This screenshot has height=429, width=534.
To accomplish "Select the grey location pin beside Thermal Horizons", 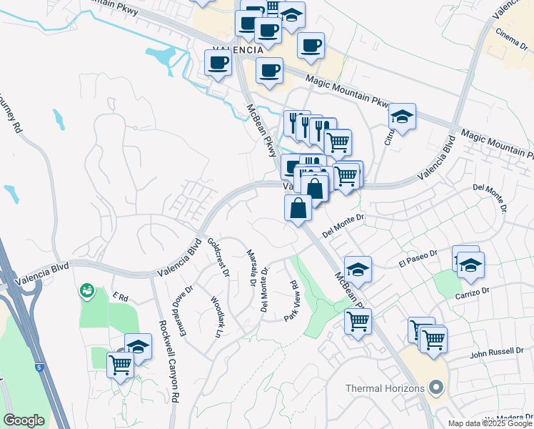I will tap(436, 389).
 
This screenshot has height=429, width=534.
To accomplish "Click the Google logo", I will tap(24, 420).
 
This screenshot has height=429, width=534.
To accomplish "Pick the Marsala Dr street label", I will tap(251, 267).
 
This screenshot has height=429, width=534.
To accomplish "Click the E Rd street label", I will tap(119, 296).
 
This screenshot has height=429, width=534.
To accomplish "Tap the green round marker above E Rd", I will tap(87, 290).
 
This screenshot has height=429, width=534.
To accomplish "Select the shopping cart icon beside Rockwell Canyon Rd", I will tap(120, 365).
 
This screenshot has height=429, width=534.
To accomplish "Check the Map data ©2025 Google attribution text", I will tap(490, 423).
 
